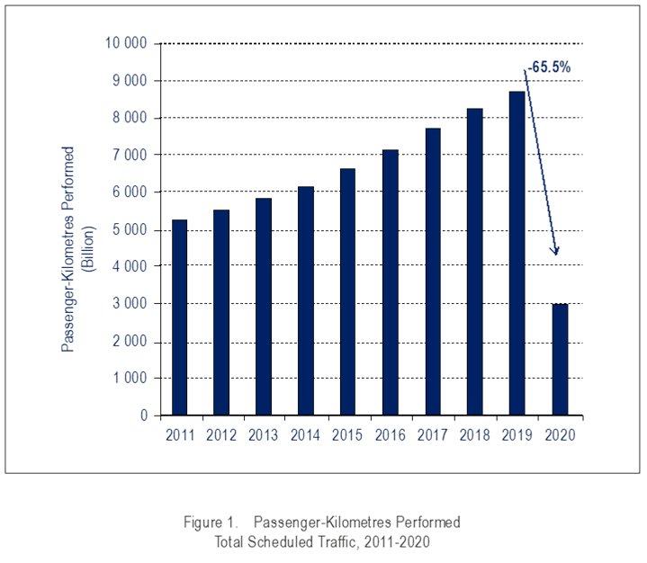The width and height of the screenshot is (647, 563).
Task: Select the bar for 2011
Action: pos(180,317)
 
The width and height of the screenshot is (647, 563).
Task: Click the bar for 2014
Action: pos(305,300)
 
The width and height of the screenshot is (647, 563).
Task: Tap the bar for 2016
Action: pos(391,282)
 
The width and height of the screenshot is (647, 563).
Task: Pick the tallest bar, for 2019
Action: pos(517,253)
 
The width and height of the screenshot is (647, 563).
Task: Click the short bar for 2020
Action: pos(559,360)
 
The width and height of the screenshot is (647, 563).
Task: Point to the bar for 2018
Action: pos(474,262)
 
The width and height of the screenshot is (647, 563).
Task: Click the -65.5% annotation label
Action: pos(547,67)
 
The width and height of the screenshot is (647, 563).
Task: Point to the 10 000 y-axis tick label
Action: pos(125,43)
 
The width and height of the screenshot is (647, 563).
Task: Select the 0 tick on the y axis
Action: pos(143,416)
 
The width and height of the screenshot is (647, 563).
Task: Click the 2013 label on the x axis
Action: pos(264,435)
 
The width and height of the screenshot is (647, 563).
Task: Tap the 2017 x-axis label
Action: pos(432,435)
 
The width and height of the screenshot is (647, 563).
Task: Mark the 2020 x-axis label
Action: pos(559,435)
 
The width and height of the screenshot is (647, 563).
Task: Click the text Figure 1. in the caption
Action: pos(211,522)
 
